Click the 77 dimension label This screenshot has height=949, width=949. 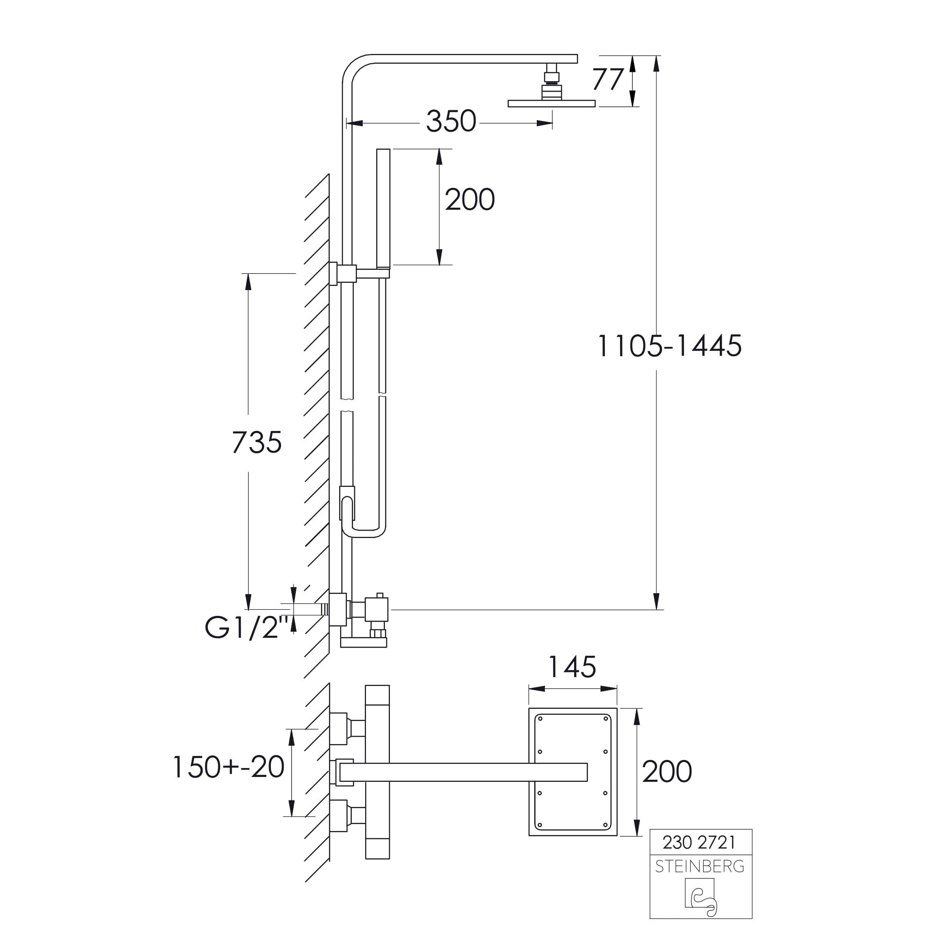click(x=608, y=80)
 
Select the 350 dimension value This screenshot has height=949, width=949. click(x=451, y=121)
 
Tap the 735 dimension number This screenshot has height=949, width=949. click(x=256, y=442)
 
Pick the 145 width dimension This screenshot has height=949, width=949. click(x=572, y=667)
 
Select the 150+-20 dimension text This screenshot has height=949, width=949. click(x=228, y=767)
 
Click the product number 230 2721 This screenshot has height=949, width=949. click(x=699, y=842)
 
